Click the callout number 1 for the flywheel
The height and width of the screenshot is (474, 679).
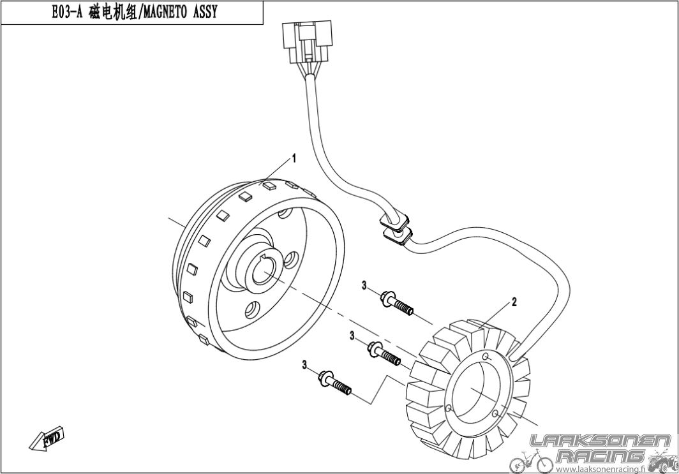294,158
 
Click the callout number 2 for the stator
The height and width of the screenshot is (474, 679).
514,302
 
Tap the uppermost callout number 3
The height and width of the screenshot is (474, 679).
364,285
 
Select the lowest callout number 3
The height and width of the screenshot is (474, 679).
305,366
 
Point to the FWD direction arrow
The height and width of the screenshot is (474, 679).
47,440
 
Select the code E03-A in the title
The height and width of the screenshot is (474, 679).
66,13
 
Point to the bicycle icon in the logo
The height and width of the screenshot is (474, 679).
531,463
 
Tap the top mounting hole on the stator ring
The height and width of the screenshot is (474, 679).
486,357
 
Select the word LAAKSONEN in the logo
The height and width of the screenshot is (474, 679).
600,441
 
